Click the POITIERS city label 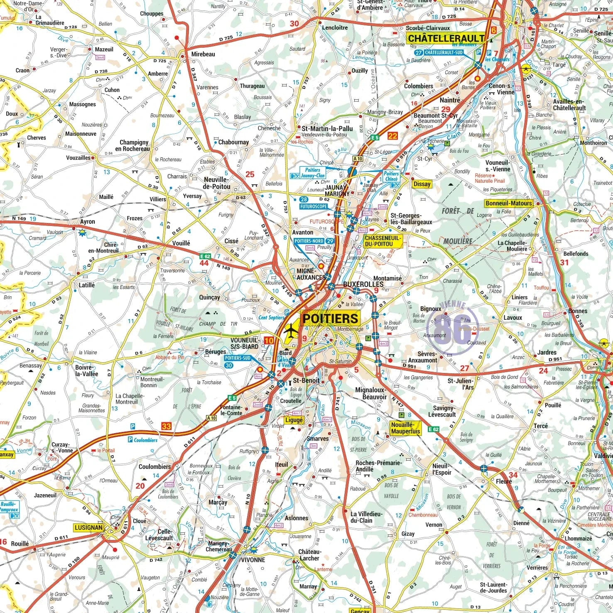click(x=330, y=319)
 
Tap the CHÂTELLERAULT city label click(x=446, y=39)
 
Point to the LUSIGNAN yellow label click(x=88, y=527)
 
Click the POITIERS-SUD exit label click(x=238, y=358)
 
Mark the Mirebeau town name click(x=203, y=54)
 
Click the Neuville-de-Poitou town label click(x=216, y=183)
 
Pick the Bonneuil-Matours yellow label click(x=508, y=203)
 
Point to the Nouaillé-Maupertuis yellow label click(x=405, y=428)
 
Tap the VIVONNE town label click(x=253, y=559)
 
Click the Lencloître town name click(x=335, y=28)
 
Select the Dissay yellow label click(x=422, y=184)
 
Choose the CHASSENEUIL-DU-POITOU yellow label click(x=383, y=241)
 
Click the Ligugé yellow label click(x=294, y=420)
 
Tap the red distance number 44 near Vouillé click(x=204, y=263)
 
